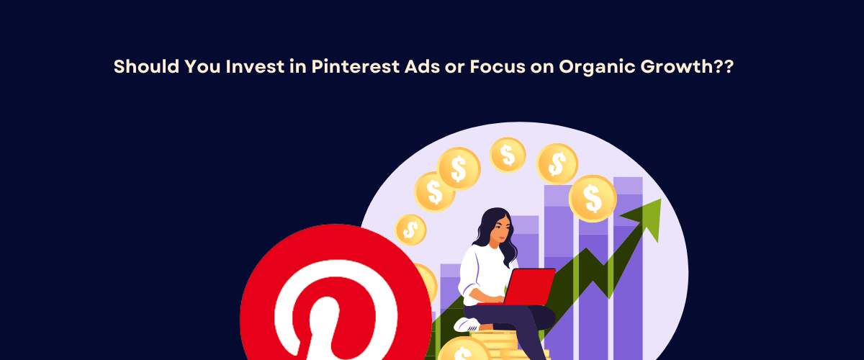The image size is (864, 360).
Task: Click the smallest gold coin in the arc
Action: coord(411,230)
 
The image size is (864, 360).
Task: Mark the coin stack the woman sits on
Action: coord(497,346)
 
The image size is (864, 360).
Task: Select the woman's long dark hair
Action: coord(508,241)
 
